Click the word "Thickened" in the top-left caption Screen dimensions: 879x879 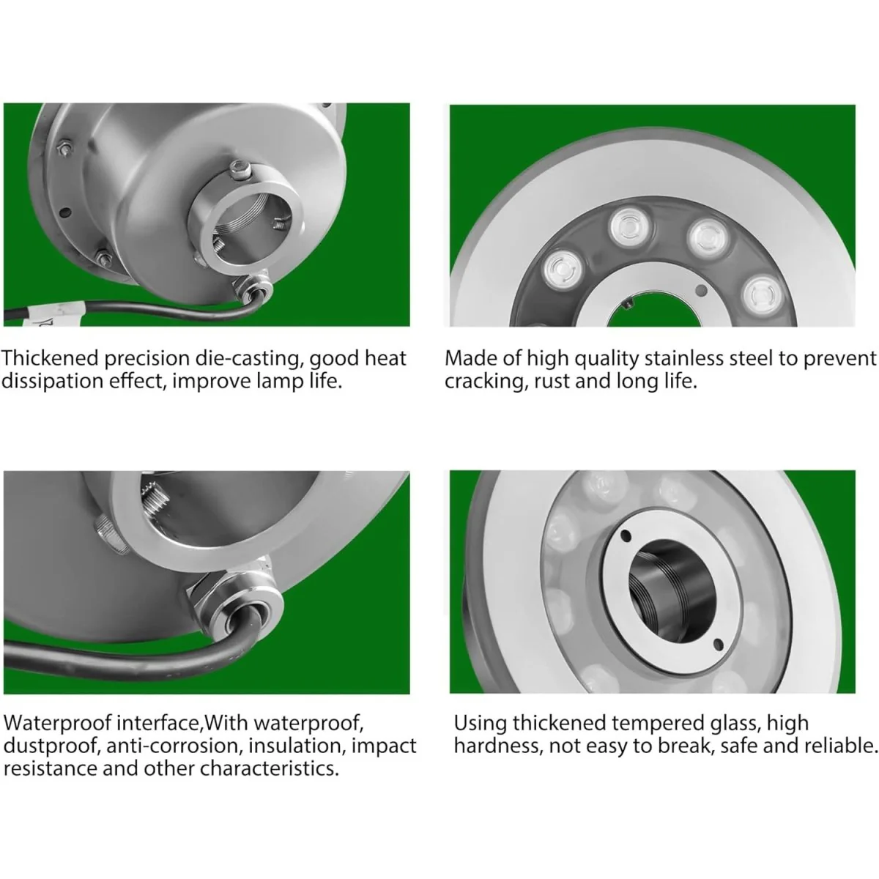[51, 358]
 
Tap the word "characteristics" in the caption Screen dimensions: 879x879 [269, 769]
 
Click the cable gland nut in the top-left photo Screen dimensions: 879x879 [256, 288]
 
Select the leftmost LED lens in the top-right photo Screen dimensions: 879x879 [564, 269]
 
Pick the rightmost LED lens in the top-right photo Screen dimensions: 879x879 [763, 295]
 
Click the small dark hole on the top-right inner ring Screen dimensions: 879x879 [702, 289]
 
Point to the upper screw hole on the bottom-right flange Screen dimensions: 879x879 [626, 535]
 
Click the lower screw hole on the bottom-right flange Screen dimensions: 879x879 [719, 644]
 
